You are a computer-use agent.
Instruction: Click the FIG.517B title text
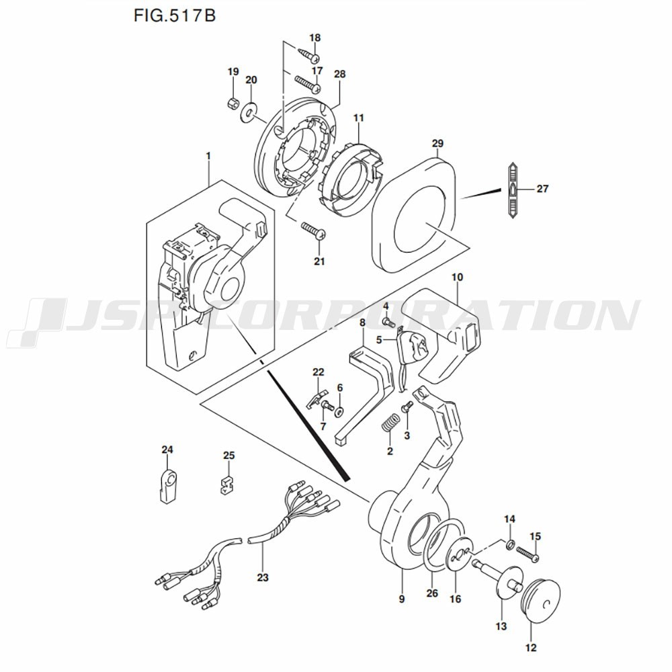175,15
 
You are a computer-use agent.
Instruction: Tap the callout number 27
542,189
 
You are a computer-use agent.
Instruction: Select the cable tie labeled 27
513,191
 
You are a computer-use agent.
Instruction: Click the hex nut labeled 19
232,103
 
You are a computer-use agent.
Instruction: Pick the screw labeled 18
309,56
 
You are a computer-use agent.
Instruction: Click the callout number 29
437,144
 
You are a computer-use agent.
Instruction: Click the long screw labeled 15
528,553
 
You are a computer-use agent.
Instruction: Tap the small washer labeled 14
510,545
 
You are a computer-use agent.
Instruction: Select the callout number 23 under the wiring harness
263,577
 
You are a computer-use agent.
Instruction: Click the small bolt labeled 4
388,321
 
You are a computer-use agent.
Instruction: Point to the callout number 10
457,278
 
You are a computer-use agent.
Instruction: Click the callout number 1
209,157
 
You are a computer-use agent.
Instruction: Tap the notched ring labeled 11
351,179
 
